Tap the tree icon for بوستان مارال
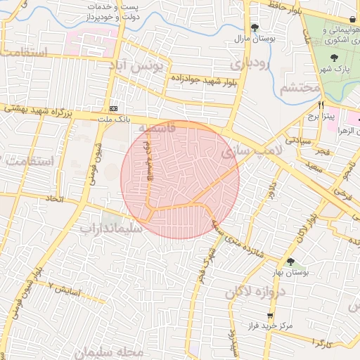[x=255, y=27]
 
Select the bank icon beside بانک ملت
[x=114, y=108]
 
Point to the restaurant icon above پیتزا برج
[x=321, y=104]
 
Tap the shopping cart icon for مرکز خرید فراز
[x=269, y=315]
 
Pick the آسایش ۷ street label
[x=65, y=288]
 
